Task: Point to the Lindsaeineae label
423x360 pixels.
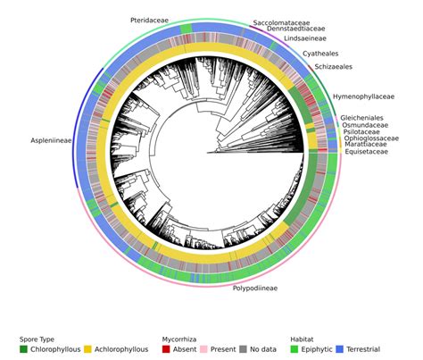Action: click(x=304, y=39)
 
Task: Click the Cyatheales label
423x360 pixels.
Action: click(x=320, y=54)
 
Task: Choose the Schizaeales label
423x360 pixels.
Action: click(x=333, y=66)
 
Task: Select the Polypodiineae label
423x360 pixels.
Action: click(x=254, y=289)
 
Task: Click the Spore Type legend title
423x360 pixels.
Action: click(x=38, y=339)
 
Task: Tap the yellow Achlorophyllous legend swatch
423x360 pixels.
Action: click(x=88, y=349)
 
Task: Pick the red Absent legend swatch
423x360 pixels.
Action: click(x=166, y=349)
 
